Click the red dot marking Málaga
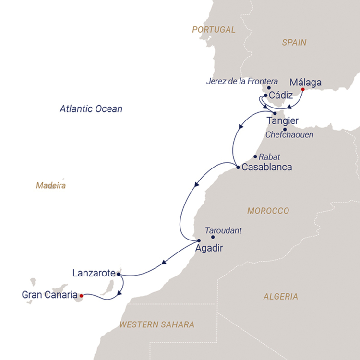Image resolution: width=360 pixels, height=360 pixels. [x=302, y=89]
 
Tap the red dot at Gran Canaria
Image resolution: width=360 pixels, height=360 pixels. [x=81, y=295]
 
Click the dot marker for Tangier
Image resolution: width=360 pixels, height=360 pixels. [x=275, y=113]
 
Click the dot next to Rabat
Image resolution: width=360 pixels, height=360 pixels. [x=255, y=156]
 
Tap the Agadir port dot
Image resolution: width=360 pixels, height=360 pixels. [x=199, y=240]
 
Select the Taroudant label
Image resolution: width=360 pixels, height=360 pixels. [x=223, y=230]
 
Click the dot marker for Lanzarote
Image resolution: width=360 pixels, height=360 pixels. [x=118, y=274]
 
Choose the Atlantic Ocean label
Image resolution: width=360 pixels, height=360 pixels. [x=91, y=109]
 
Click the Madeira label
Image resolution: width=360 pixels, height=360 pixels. [x=50, y=185]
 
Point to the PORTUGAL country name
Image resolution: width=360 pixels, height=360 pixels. [x=214, y=30]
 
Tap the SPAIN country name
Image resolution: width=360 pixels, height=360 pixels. [x=294, y=43]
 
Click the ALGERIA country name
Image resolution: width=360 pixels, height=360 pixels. [x=280, y=297]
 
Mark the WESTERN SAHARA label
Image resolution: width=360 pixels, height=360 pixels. [x=157, y=325]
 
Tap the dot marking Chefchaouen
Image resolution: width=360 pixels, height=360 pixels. [x=285, y=129]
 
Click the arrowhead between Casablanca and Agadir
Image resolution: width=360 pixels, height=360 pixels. [x=196, y=185]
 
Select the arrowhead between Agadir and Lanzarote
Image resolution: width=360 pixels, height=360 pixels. [x=164, y=262]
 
